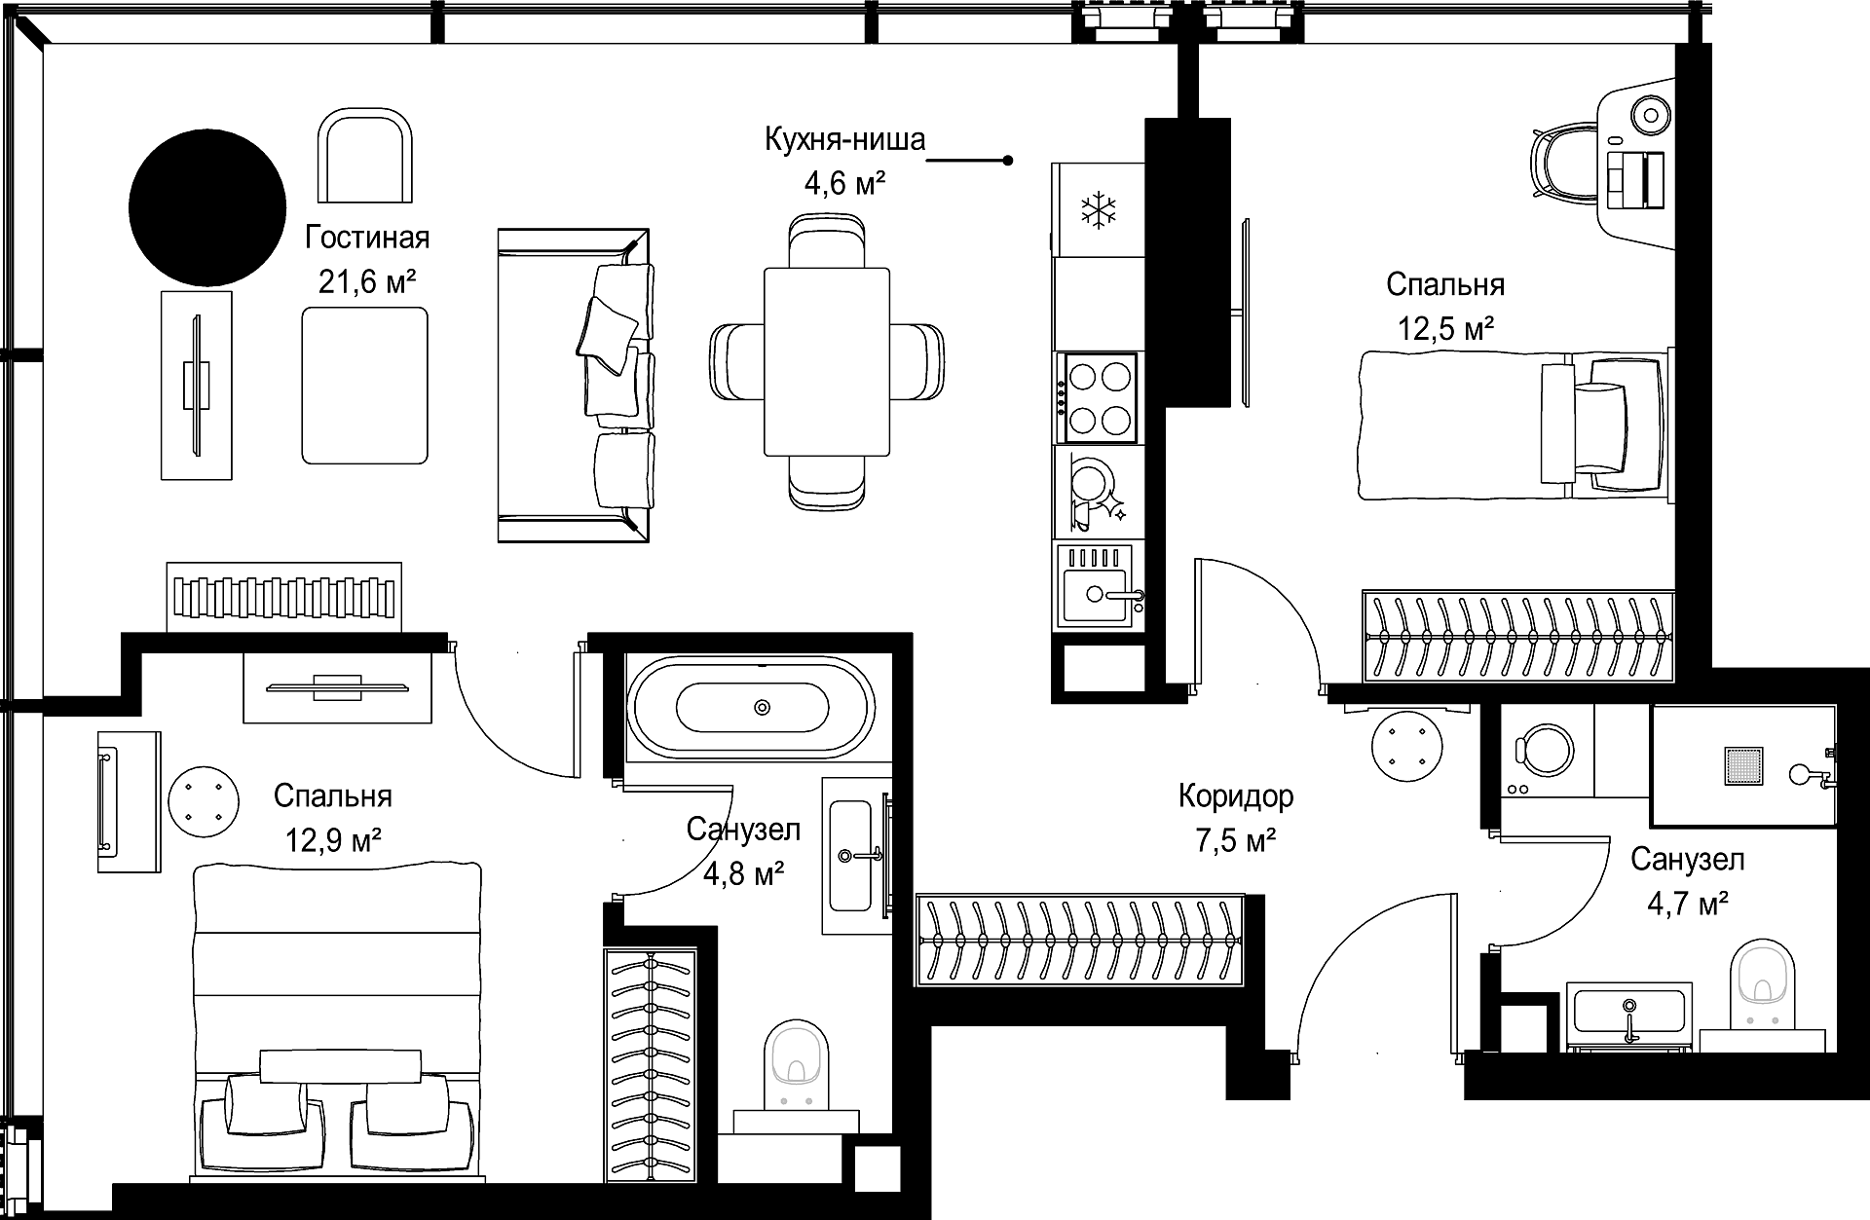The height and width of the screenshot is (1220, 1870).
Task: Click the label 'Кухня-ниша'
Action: click(x=844, y=140)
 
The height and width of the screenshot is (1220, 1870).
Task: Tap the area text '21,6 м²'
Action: click(x=367, y=282)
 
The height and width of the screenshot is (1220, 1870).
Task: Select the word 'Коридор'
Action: click(x=1236, y=796)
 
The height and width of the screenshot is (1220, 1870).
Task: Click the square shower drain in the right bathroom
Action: click(x=1743, y=765)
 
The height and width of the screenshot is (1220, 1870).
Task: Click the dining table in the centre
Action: click(x=828, y=361)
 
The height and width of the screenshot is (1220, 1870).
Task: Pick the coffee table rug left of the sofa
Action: click(x=365, y=385)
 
